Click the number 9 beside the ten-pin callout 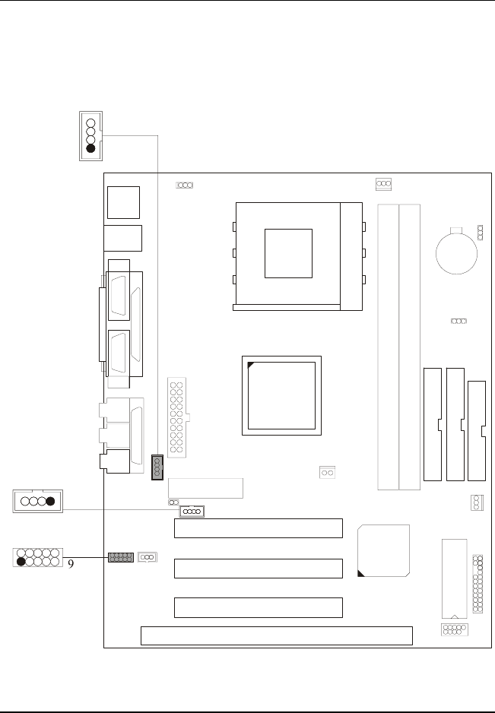[x=71, y=564]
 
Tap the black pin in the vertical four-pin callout [x=91, y=149]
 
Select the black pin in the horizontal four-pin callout [x=51, y=502]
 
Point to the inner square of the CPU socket [x=288, y=253]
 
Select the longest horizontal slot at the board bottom [x=277, y=635]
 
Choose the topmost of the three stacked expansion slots [x=259, y=528]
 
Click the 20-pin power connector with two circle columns [x=176, y=417]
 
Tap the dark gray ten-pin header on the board [x=121, y=558]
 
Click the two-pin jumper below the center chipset [x=328, y=473]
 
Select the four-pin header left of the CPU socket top [x=185, y=185]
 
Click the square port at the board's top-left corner [x=124, y=202]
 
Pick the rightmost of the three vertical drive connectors [x=478, y=430]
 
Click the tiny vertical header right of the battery [x=480, y=232]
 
